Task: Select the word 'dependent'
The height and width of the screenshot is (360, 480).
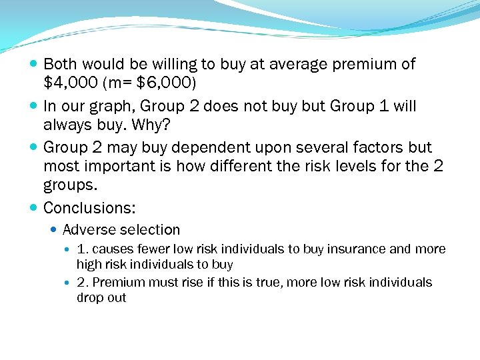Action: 219,147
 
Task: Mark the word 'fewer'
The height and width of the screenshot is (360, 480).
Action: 152,249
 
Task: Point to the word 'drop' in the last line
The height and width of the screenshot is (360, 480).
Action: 89,297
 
